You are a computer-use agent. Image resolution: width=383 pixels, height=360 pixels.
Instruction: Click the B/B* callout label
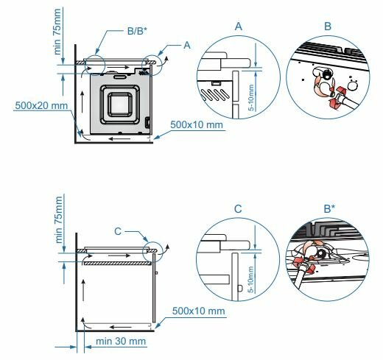[x=137, y=31]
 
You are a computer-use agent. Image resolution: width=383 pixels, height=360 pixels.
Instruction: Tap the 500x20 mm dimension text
[x=41, y=105]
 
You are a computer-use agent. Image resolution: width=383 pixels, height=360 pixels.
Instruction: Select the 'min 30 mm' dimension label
[x=121, y=341]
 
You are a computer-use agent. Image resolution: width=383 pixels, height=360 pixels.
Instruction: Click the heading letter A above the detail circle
[x=239, y=27]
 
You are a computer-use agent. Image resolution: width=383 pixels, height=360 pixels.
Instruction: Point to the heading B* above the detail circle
[x=329, y=209]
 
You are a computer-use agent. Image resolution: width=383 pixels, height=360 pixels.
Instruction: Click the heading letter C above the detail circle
[x=238, y=209]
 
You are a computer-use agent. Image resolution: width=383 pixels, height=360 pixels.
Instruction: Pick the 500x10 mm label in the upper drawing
[x=197, y=124]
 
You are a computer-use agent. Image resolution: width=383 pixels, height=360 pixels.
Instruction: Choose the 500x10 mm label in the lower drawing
[x=198, y=311]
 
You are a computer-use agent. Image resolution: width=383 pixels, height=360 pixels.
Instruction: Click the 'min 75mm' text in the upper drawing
[x=57, y=32]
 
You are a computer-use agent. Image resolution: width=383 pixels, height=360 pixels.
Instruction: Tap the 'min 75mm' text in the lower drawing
[x=59, y=219]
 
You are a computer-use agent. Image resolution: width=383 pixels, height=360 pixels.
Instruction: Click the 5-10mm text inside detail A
[x=251, y=98]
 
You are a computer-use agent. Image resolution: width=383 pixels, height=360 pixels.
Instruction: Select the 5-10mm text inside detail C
[x=250, y=280]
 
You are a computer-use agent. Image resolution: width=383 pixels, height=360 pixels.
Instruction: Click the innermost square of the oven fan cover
[x=120, y=105]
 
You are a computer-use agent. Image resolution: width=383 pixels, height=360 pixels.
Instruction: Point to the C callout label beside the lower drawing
[x=118, y=231]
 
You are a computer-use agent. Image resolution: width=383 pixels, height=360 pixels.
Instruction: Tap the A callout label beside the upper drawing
[x=187, y=45]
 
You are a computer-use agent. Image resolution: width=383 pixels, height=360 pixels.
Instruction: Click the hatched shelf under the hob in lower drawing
[x=117, y=264]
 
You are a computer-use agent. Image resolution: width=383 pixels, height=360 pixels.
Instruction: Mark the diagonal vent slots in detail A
[x=215, y=94]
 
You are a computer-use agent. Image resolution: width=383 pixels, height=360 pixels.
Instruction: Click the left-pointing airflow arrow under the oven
[x=119, y=139]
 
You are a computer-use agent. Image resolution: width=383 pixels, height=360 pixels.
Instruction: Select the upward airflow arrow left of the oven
[x=82, y=102]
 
